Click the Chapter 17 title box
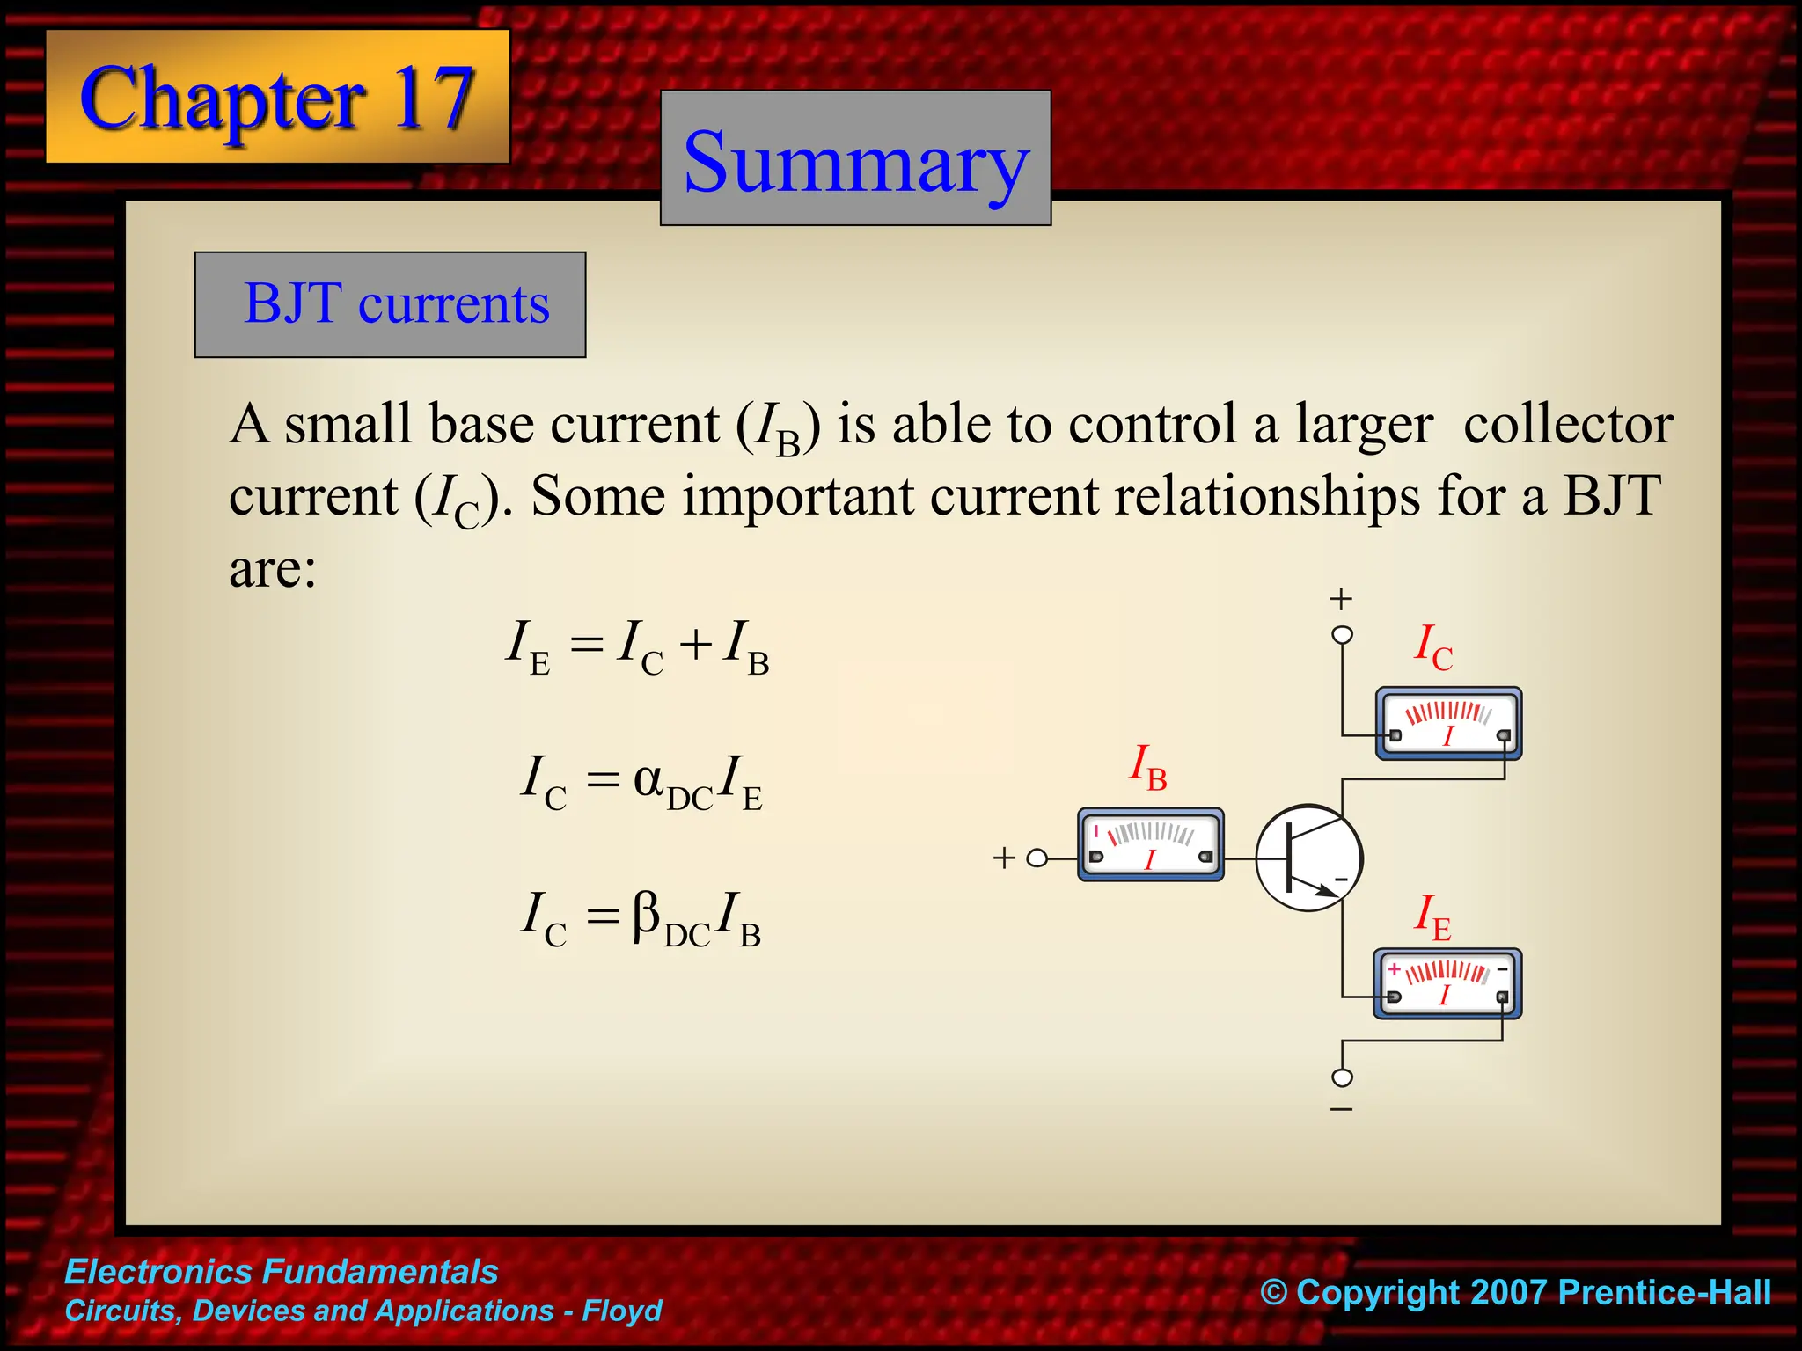tap(277, 97)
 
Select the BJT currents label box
tap(391, 304)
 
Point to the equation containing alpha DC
tap(641, 782)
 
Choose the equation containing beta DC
tap(641, 918)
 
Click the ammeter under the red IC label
tap(1448, 724)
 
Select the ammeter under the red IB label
tap(1151, 845)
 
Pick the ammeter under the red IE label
tap(1447, 984)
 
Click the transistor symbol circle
tap(1308, 858)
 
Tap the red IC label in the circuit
tap(1432, 648)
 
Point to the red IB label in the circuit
tap(1148, 768)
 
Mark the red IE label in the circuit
tap(1432, 917)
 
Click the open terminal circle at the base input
tap(1038, 858)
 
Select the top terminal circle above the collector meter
tap(1342, 634)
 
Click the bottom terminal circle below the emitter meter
tap(1342, 1077)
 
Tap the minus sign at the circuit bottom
tap(1341, 1110)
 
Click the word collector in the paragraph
tap(1568, 425)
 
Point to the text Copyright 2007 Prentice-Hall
tap(1515, 1292)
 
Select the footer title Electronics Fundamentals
tap(282, 1272)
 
